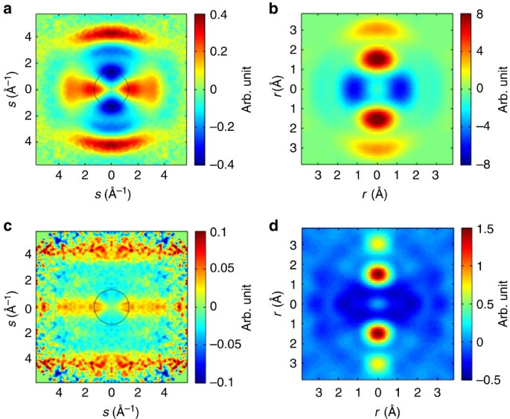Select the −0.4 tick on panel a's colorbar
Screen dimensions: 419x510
tap(220, 163)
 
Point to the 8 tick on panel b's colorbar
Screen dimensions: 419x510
tap(481, 15)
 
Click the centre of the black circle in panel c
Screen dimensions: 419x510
tap(112, 305)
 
